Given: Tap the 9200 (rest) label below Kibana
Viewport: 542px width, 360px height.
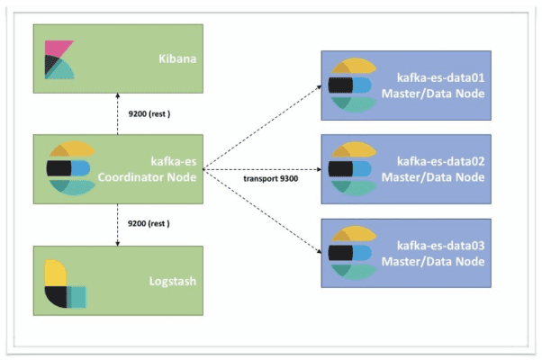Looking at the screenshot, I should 146,114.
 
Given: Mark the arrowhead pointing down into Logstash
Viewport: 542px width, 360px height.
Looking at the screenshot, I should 117,241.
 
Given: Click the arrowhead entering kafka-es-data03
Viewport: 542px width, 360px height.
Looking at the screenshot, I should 319,252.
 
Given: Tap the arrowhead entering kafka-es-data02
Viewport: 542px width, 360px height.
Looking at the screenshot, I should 319,168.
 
